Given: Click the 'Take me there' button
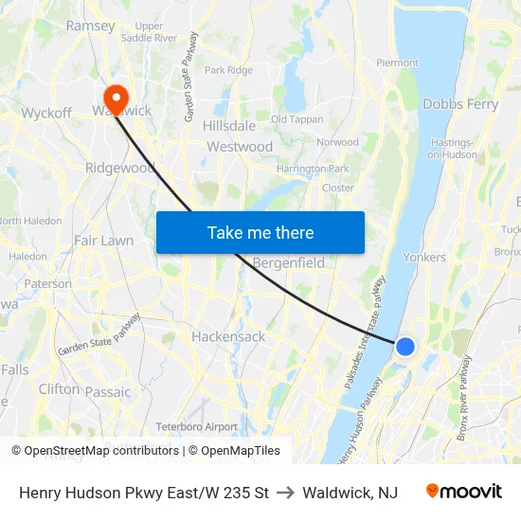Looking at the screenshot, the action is [260, 232].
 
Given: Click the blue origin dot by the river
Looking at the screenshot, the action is [404, 347].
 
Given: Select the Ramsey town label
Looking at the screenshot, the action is [90, 26].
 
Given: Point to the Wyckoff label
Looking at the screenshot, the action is [46, 114].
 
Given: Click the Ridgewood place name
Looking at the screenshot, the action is [119, 168].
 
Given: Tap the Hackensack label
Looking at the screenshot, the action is [228, 336].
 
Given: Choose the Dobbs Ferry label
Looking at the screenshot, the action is [460, 104].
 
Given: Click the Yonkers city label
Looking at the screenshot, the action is [424, 257].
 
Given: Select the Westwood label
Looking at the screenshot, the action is [240, 147].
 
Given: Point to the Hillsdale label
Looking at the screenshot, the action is [228, 125].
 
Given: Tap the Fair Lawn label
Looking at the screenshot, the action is [103, 241].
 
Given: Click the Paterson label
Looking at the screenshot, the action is [47, 283].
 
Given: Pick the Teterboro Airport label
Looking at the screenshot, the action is [196, 426].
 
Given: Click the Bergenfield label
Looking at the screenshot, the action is [289, 262].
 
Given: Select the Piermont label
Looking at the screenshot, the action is [397, 63].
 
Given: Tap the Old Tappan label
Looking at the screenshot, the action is [296, 119].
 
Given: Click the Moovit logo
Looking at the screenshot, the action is [464, 492].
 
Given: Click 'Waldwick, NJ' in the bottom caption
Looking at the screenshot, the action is [350, 493].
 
